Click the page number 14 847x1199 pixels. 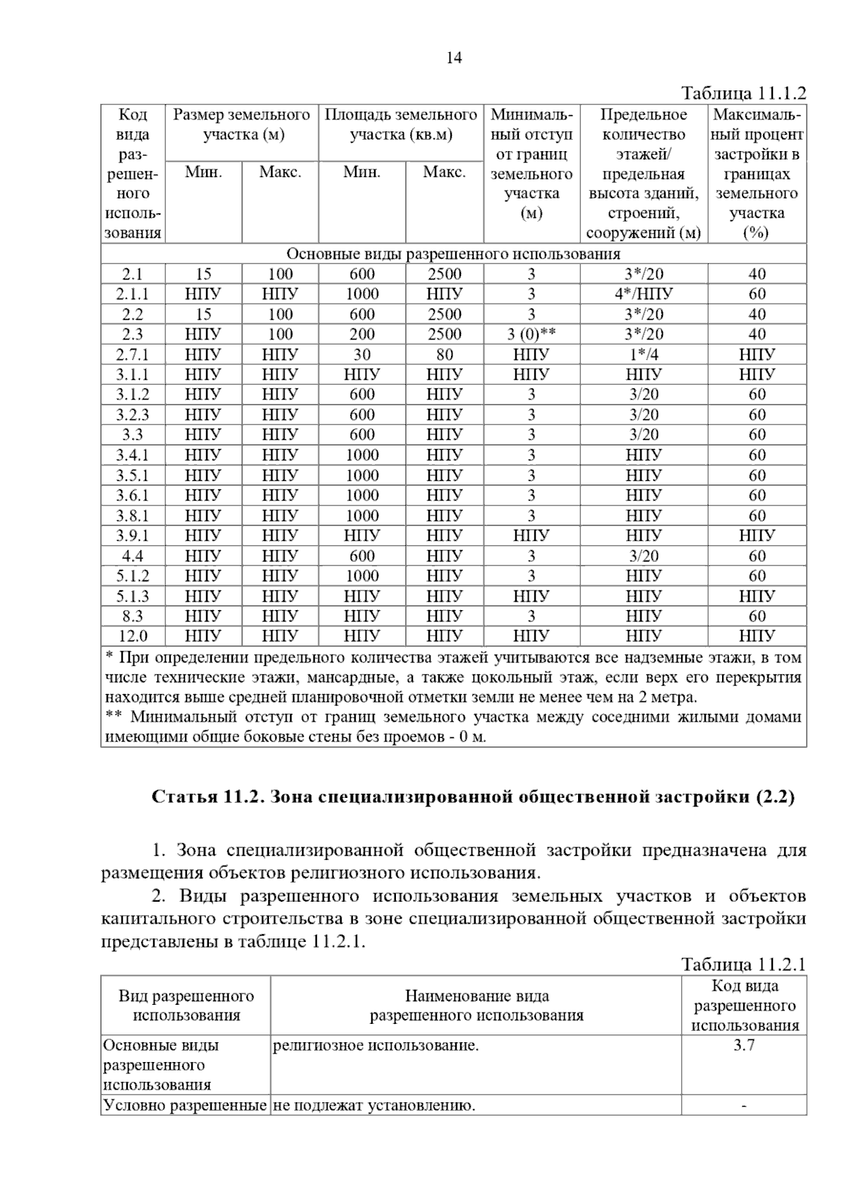point(454,58)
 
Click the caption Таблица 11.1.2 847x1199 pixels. point(743,93)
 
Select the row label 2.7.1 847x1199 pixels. point(133,354)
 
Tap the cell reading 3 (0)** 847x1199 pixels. point(531,334)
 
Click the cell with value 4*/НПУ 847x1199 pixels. point(643,294)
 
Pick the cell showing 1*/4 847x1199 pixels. point(643,354)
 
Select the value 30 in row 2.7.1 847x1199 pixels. point(361,354)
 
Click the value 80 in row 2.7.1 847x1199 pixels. point(444,354)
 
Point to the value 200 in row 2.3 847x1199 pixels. point(361,334)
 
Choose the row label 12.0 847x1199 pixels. point(133,636)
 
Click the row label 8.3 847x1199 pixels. point(133,616)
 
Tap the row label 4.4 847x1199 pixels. point(133,556)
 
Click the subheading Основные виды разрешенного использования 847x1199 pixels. point(453,254)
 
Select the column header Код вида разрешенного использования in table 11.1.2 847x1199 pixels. point(133,174)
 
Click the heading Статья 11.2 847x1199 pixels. point(473,797)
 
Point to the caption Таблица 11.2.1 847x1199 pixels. point(743,965)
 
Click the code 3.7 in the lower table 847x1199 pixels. point(744,1046)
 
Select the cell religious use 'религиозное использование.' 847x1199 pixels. point(376,1046)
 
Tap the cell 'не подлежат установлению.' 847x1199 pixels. point(373,1106)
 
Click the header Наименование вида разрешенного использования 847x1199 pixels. point(476,1006)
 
